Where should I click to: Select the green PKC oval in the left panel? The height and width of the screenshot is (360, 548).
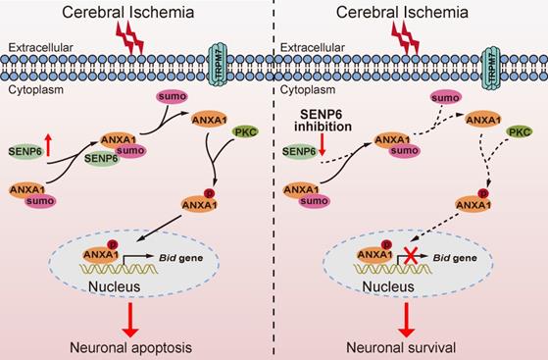[245, 131]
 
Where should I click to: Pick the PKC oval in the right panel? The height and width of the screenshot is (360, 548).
[519, 131]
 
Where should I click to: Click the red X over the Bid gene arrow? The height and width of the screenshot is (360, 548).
[411, 255]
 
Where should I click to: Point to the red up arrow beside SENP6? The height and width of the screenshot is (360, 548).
[48, 145]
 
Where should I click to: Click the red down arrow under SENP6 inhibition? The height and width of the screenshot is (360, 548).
[322, 145]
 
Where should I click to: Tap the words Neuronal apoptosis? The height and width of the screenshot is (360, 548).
[130, 348]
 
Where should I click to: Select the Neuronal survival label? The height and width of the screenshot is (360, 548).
[401, 348]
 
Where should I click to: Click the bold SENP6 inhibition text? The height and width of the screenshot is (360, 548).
[323, 121]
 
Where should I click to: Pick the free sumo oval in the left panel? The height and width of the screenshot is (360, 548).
[173, 97]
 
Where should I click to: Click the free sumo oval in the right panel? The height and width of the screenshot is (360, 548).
[445, 98]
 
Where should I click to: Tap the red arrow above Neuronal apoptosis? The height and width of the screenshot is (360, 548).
[130, 320]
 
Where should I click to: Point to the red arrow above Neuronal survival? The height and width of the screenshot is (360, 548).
[406, 320]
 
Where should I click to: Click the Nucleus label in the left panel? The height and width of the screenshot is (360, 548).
[115, 286]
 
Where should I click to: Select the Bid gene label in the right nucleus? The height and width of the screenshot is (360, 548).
[455, 258]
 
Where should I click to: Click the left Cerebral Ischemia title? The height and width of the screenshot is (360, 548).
[127, 12]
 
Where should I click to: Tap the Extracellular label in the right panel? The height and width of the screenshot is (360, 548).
[313, 47]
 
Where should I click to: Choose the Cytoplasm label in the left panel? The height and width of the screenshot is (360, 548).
[36, 90]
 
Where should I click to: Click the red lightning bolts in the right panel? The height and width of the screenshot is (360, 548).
[406, 38]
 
